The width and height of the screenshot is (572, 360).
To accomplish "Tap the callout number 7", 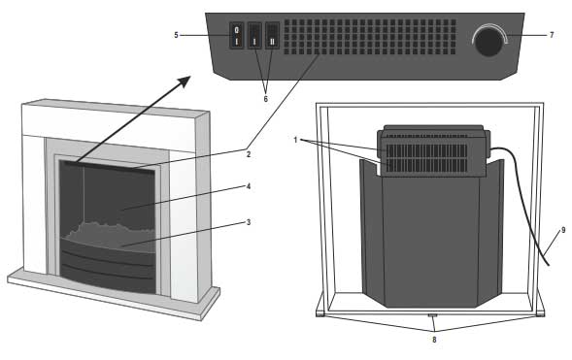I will (552, 36).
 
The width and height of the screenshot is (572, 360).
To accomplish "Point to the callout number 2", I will (249, 153).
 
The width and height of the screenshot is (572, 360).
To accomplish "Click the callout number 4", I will (249, 187).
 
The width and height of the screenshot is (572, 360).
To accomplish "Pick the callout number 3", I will (249, 222).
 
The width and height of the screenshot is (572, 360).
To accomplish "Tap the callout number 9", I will (562, 230).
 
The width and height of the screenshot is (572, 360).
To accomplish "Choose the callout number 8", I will (433, 341).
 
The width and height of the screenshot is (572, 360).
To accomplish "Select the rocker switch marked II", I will (272, 39).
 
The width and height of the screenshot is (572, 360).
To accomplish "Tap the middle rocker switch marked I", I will (255, 39).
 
